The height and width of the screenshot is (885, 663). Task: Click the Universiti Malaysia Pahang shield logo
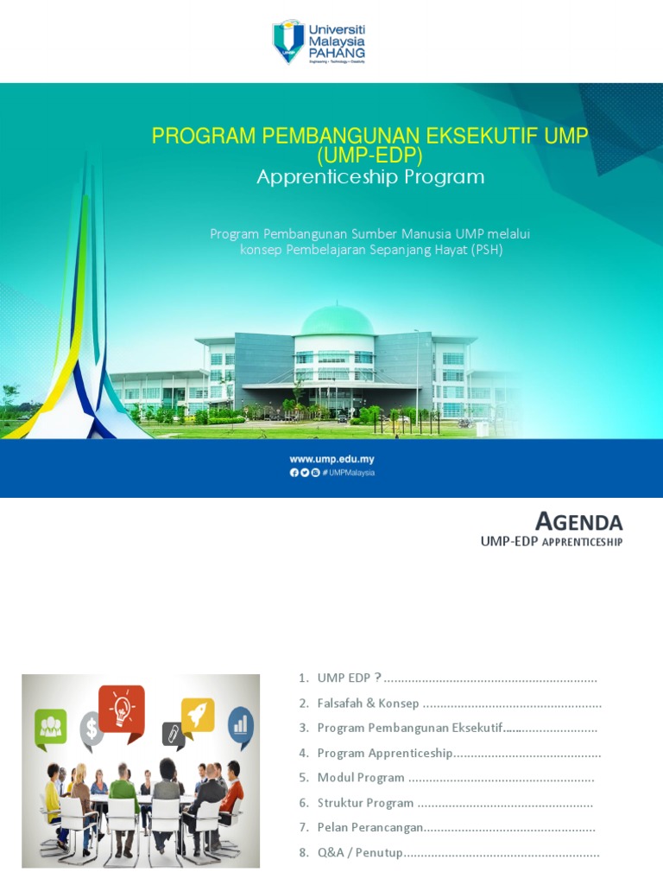coord(288,42)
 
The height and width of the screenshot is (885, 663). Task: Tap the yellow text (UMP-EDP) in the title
coord(369,156)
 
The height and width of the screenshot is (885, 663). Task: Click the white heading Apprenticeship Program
coord(370,177)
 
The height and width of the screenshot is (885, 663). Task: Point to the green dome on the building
coord(337,321)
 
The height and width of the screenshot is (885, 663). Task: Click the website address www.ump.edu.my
coord(331,460)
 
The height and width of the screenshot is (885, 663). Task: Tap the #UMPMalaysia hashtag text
coord(349,473)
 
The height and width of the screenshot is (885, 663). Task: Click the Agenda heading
coord(578,521)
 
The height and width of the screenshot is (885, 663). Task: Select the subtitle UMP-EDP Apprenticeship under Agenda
coord(551,541)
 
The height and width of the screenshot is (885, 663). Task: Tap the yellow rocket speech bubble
coord(197,715)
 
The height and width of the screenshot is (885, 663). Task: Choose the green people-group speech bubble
coord(50,724)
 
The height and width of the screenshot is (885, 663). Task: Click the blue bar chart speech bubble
coord(240,723)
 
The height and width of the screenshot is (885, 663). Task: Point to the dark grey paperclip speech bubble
coord(174,735)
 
